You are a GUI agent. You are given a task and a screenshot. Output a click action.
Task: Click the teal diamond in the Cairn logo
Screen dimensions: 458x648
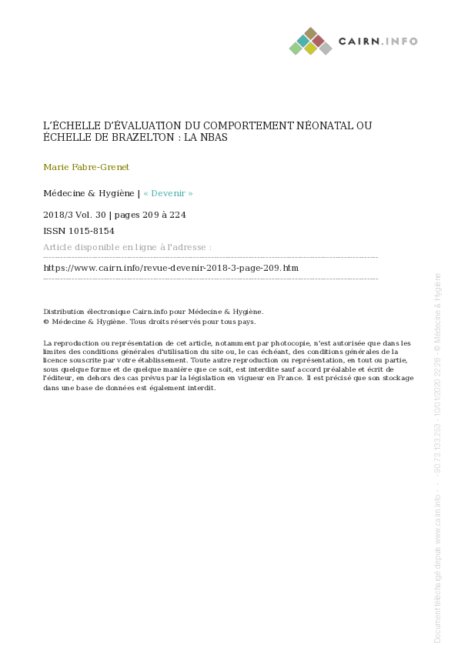pos(303,40)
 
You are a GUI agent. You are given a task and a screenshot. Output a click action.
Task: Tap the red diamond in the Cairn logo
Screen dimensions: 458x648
pos(318,40)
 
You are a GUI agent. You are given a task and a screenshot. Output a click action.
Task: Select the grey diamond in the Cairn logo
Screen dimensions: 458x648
pos(326,48)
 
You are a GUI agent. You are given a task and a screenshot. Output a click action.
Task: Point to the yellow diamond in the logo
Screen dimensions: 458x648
pos(310,48)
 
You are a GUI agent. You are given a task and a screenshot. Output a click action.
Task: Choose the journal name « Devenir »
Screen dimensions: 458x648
pos(168,194)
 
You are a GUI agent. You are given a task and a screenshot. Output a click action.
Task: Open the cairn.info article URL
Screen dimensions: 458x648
pos(171,268)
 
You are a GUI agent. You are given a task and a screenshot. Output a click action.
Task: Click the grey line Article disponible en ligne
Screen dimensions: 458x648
pos(127,247)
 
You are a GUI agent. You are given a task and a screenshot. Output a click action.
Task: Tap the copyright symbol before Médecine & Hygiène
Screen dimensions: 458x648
pos(46,322)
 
